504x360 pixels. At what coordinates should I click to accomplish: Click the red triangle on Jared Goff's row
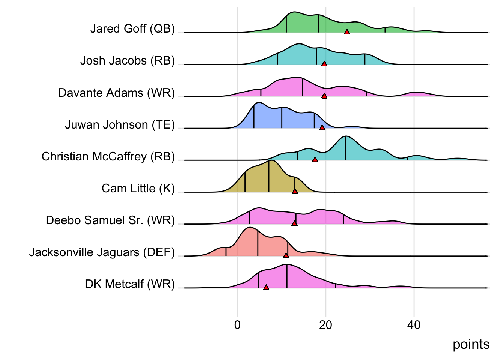tap(347, 32)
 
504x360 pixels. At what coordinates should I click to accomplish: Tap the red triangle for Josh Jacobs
tap(324, 64)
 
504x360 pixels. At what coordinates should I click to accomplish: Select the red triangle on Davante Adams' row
tap(324, 96)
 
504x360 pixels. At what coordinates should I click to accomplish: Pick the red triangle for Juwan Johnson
tap(322, 128)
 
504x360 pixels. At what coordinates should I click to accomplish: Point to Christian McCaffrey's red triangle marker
tap(315, 160)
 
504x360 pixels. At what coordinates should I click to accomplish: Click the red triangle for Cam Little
tap(295, 192)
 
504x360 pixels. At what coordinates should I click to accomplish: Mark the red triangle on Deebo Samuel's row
tap(294, 223)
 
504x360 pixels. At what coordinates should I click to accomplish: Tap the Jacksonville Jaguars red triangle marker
tap(286, 255)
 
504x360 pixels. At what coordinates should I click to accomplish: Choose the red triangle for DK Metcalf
tap(266, 287)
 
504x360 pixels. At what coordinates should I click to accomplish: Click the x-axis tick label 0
tap(237, 325)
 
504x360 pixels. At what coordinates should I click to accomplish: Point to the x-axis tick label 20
tap(325, 325)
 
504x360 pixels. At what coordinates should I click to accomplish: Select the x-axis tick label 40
tap(414, 325)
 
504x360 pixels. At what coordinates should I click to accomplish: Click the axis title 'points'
tap(471, 344)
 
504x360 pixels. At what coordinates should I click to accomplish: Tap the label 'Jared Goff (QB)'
tap(132, 29)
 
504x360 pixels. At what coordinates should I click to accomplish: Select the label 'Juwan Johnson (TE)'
tap(120, 124)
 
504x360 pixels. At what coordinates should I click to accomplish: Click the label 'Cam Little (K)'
tap(138, 188)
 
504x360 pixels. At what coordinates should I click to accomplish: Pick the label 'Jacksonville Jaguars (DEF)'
tap(102, 252)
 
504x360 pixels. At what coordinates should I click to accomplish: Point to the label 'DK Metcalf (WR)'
tap(130, 284)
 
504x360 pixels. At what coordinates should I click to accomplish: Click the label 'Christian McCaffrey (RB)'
tap(108, 156)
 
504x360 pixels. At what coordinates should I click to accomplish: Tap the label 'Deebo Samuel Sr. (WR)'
tap(110, 220)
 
